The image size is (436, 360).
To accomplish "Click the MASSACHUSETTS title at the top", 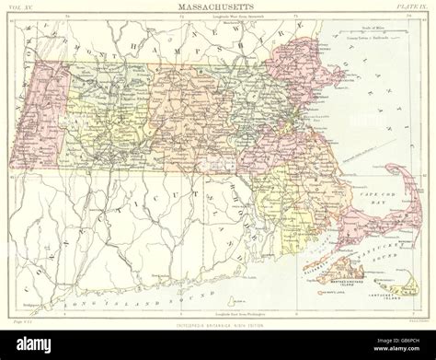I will [x=218, y=7].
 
